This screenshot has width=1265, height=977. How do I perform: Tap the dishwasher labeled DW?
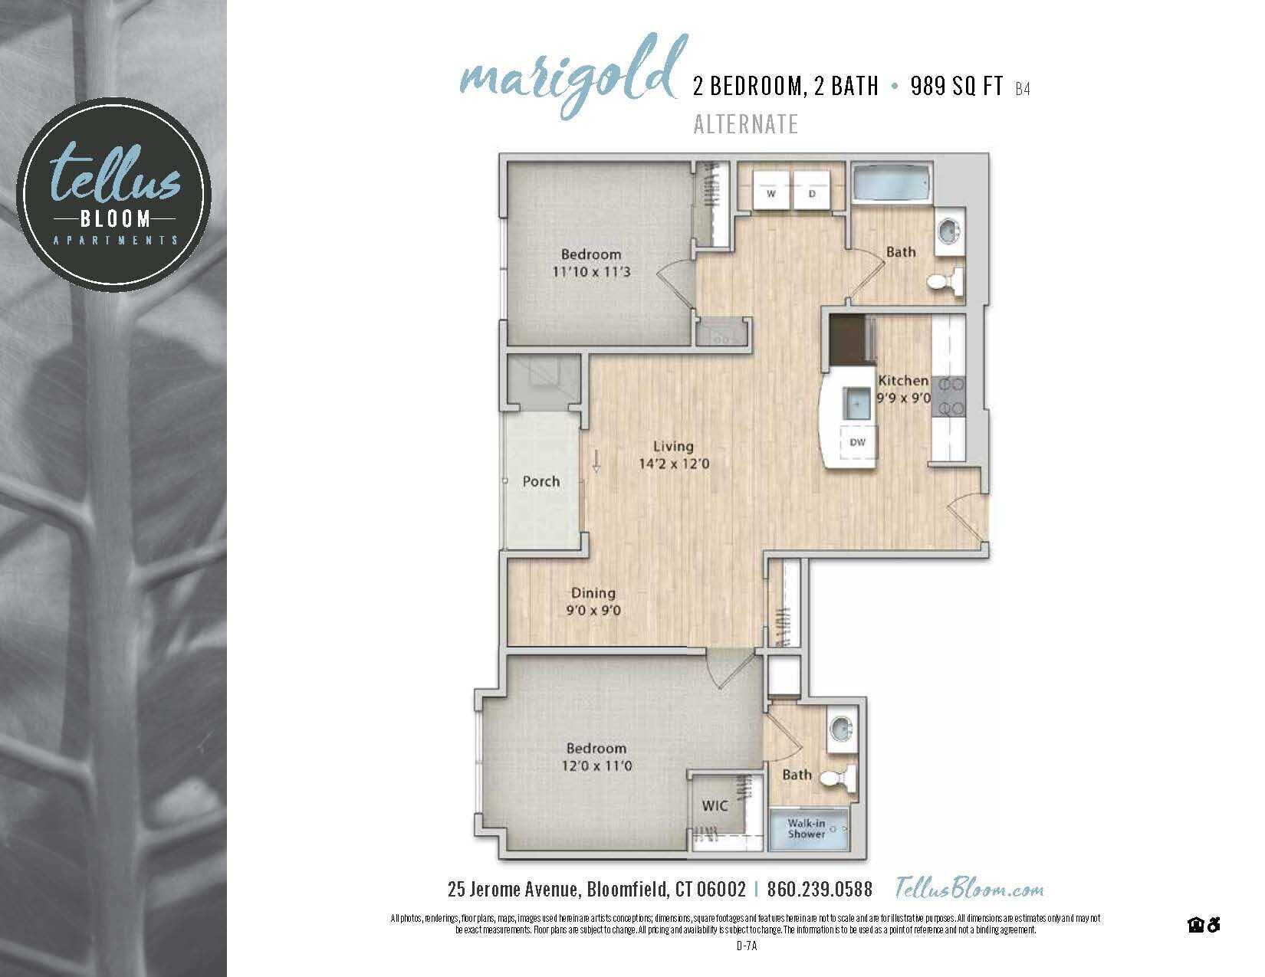858,443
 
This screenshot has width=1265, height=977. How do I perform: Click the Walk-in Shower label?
807,829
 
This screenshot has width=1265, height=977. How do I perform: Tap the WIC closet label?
715,805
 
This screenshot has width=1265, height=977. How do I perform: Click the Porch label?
540,481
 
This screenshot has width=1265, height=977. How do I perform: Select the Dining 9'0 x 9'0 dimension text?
593,611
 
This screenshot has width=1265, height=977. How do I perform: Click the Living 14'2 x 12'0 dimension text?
673,464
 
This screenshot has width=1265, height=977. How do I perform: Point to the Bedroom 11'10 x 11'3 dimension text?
590,271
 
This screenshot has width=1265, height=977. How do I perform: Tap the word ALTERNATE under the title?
745,124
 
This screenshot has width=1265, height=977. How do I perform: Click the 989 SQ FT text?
957,87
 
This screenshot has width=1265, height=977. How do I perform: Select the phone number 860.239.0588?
819,890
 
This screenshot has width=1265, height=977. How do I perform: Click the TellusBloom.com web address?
969,889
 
